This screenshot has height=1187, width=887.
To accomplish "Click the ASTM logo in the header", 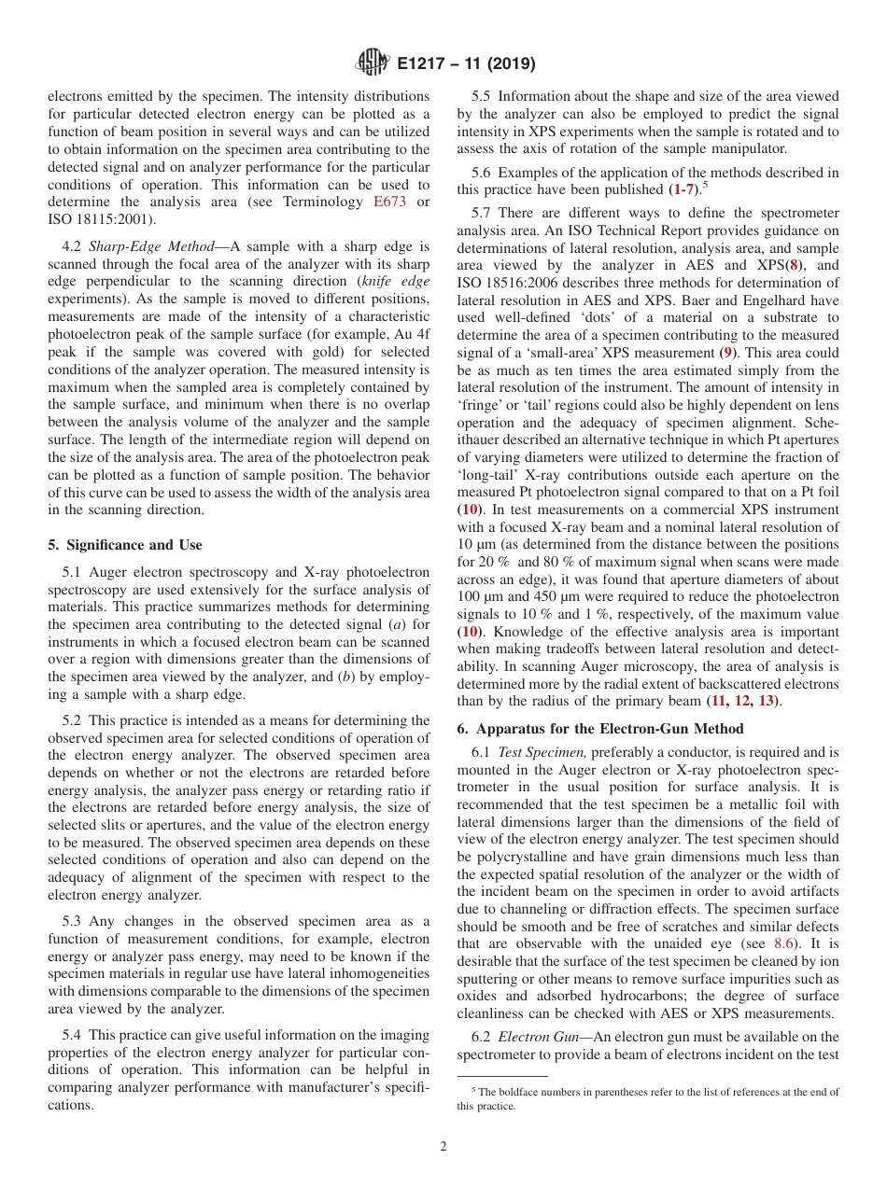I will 373,64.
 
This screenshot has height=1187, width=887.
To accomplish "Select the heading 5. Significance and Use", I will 124,544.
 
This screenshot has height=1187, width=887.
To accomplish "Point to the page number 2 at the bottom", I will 443,1147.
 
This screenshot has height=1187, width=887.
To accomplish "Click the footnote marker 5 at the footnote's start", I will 473,1089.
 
